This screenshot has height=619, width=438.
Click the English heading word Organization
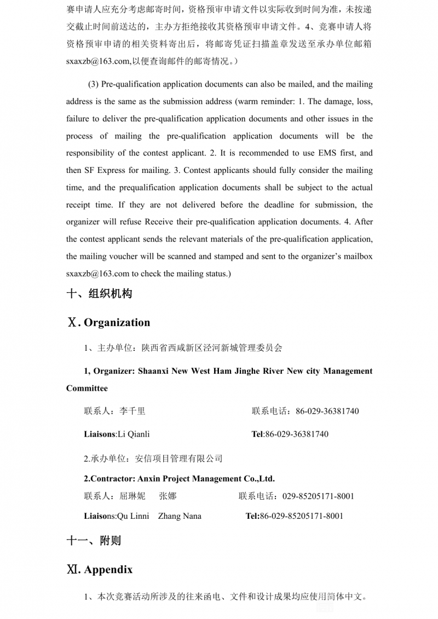[x=117, y=323]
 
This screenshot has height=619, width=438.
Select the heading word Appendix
[x=108, y=570]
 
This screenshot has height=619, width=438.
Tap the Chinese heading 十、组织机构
[x=99, y=294]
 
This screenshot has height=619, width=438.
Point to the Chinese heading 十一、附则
[x=94, y=541]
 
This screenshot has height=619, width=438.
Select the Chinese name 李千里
[x=132, y=411]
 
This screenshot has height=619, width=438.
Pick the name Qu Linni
[x=134, y=516]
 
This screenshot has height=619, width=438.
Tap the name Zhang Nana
[x=180, y=516]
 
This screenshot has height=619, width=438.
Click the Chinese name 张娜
[x=168, y=496]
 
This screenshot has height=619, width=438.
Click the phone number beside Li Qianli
[x=297, y=435]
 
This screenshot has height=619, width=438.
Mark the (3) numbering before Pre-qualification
[x=94, y=84]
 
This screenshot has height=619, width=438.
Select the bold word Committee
[x=87, y=389]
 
